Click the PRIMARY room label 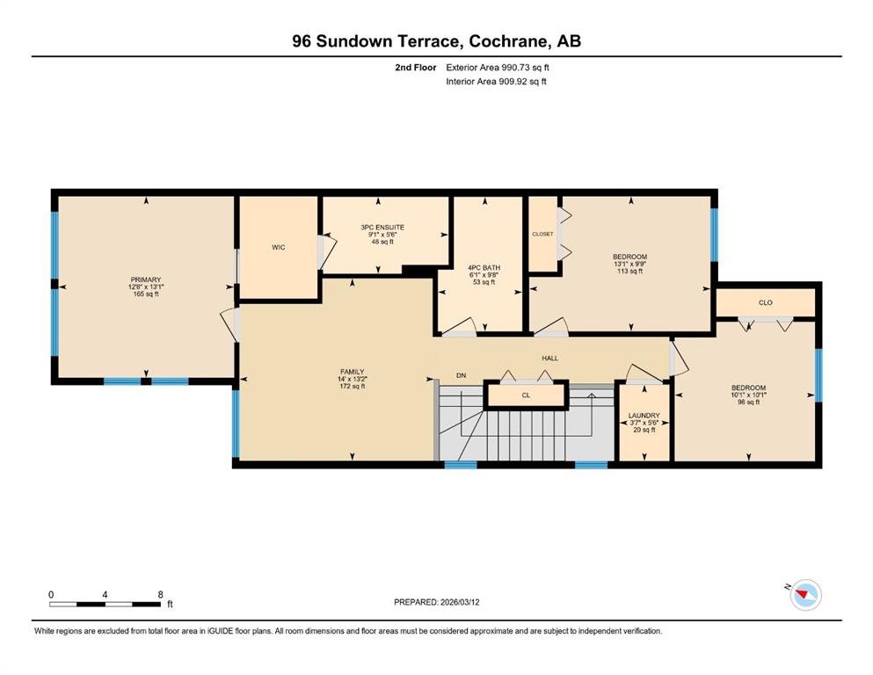pyautogui.click(x=146, y=279)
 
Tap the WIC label pyautogui.click(x=279, y=247)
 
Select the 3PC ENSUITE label pyautogui.click(x=382, y=228)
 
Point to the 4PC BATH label pyautogui.click(x=484, y=268)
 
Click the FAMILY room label pyautogui.click(x=353, y=372)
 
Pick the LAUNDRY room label pyautogui.click(x=644, y=416)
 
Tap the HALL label pyautogui.click(x=550, y=359)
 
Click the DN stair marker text pyautogui.click(x=461, y=375)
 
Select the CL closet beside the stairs pyautogui.click(x=526, y=396)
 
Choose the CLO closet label pyautogui.click(x=766, y=302)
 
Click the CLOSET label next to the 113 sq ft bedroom pyautogui.click(x=542, y=235)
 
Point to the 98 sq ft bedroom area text pyautogui.click(x=749, y=403)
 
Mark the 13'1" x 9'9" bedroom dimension pyautogui.click(x=630, y=265)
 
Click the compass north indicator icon pyautogui.click(x=805, y=595)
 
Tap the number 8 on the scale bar pyautogui.click(x=160, y=594)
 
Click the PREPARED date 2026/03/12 pyautogui.click(x=460, y=602)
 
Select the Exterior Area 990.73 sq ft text pyautogui.click(x=498, y=68)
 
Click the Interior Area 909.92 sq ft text pyautogui.click(x=496, y=81)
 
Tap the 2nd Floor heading pyautogui.click(x=416, y=68)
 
